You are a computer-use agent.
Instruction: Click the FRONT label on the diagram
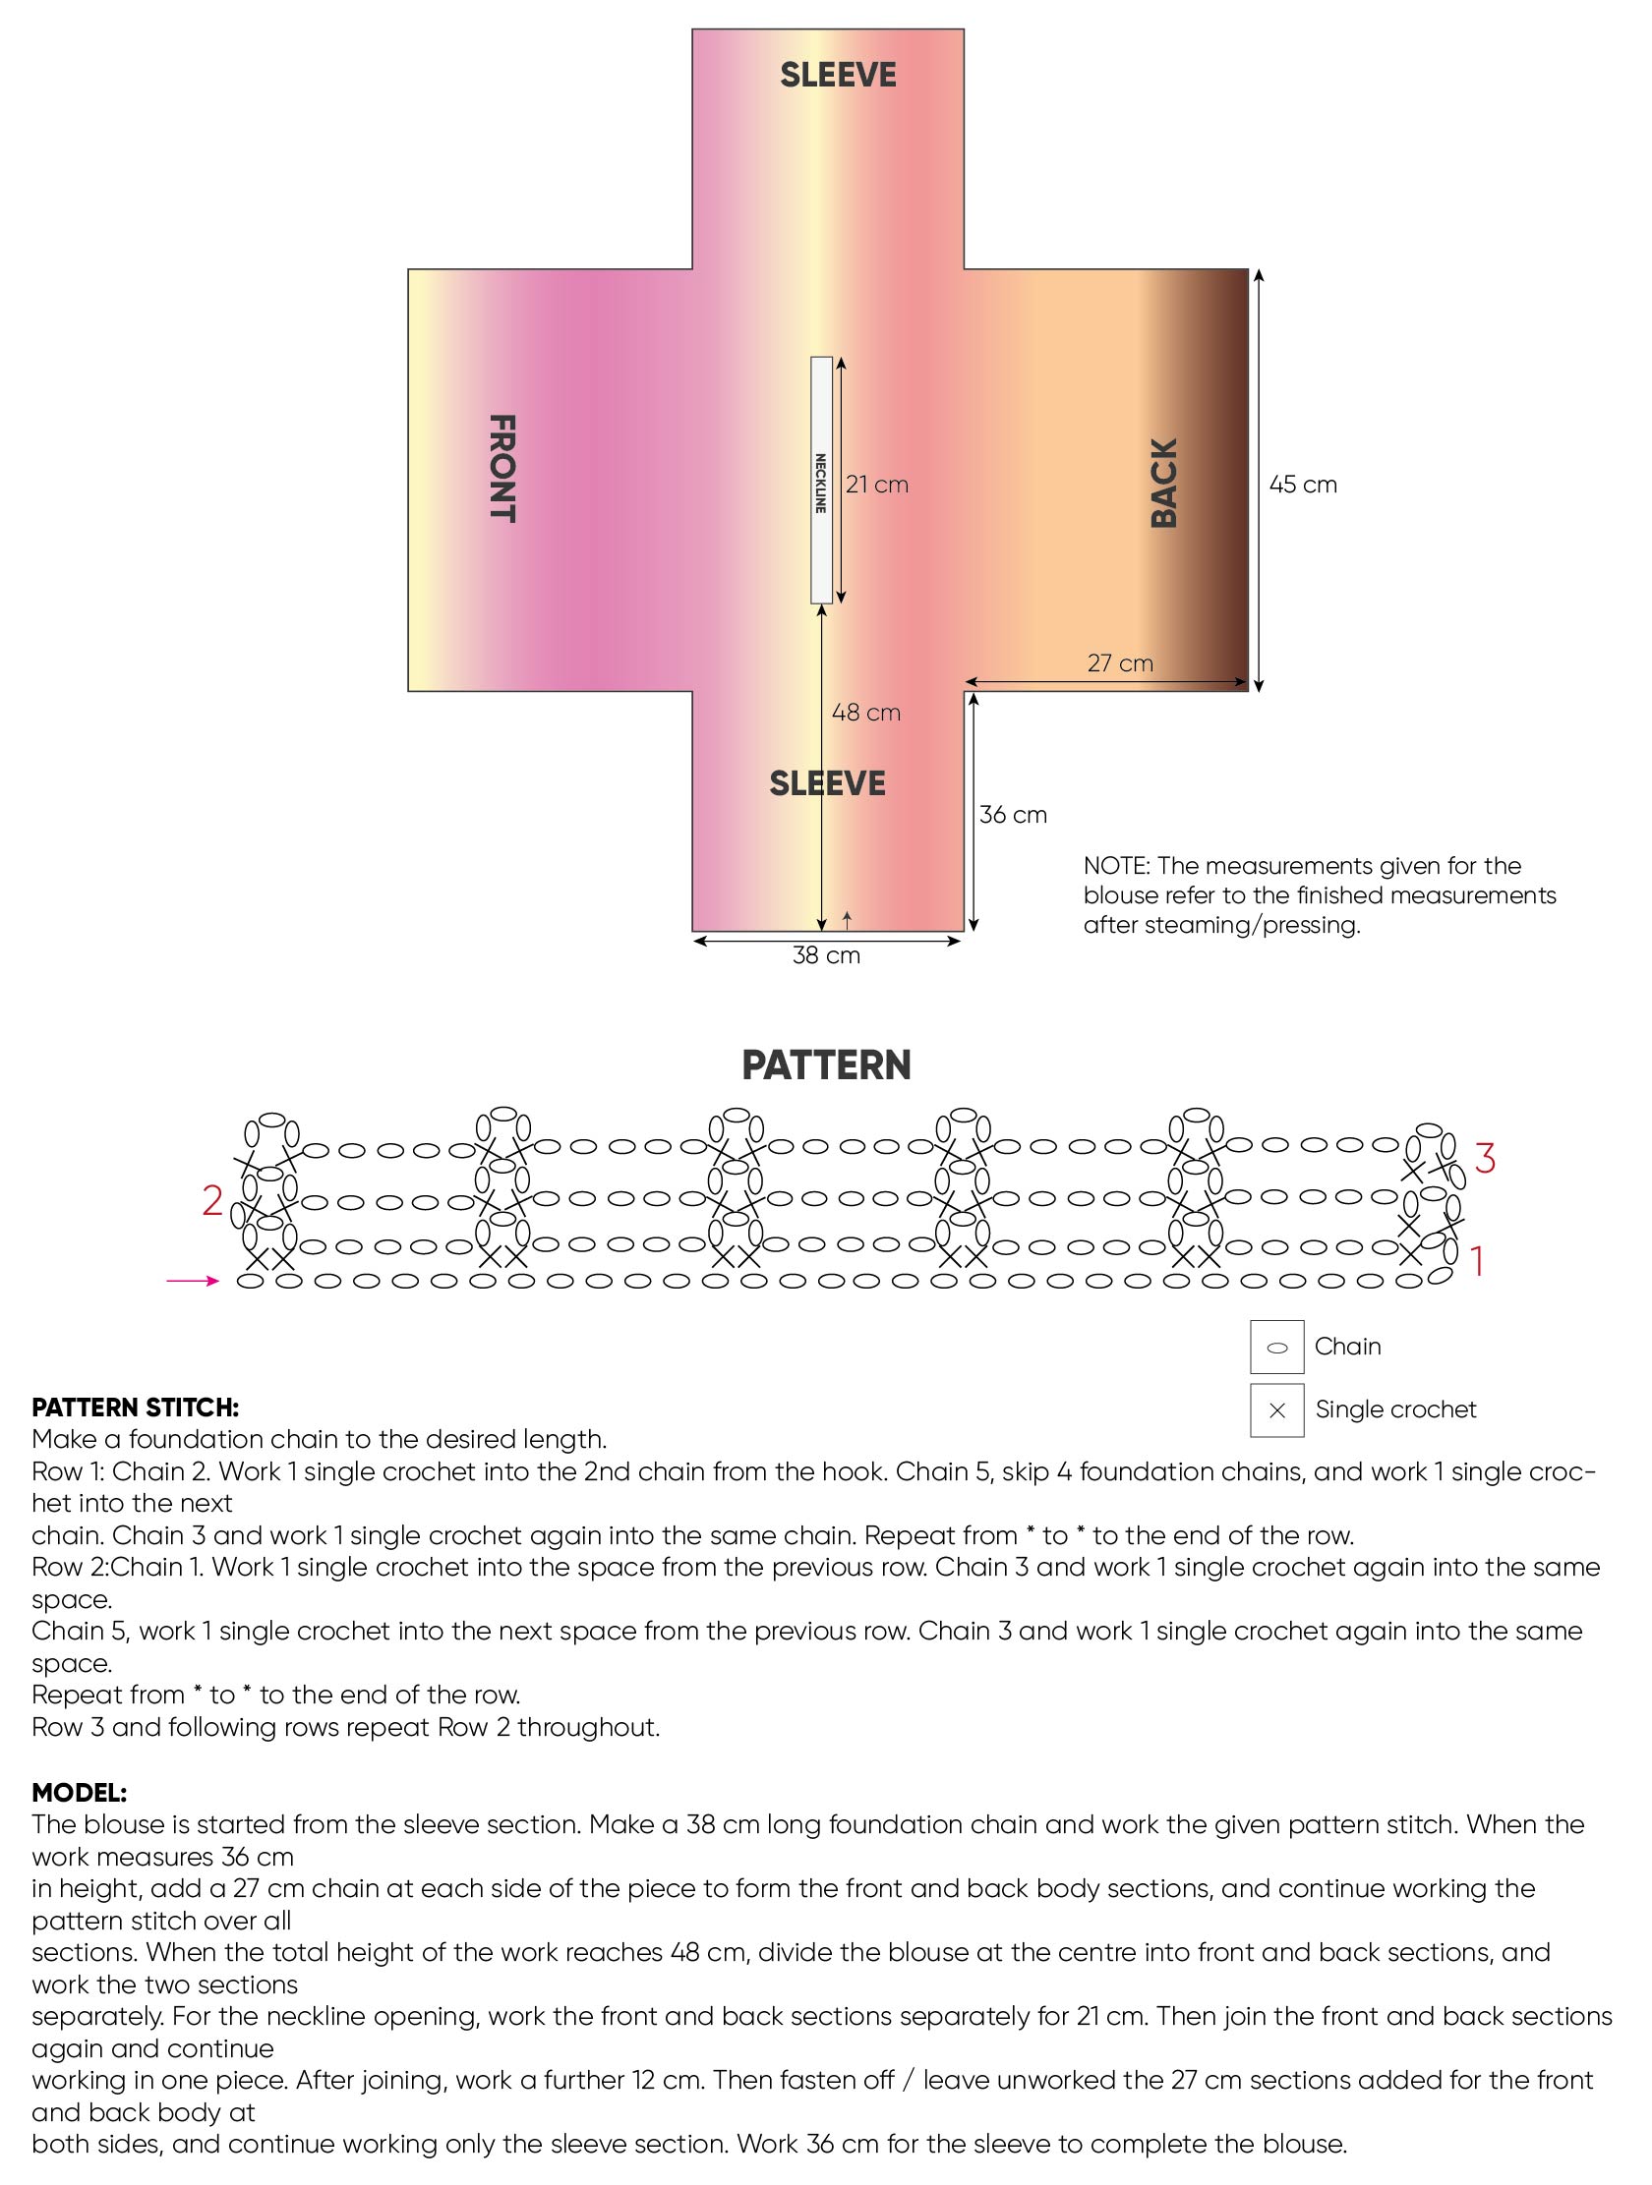pos(502,468)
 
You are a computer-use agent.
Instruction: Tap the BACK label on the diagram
pos(1164,483)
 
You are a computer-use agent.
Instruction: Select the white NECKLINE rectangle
pos(821,480)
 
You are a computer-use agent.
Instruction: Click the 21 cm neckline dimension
pos(877,484)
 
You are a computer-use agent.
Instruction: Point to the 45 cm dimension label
pos(1303,484)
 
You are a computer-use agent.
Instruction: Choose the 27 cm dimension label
pos(1120,662)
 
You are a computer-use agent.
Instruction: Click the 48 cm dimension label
pos(866,713)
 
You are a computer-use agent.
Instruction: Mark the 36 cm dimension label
pos(1014,814)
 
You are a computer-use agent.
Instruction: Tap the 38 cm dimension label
pos(827,955)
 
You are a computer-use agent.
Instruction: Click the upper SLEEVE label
pos(838,75)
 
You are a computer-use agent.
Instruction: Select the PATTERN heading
pos(826,1064)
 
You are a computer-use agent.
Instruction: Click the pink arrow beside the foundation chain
pos(193,1281)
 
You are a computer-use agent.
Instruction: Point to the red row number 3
pos(1485,1158)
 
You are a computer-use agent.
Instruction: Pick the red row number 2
pos(212,1200)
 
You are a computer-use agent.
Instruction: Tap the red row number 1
pos(1478,1261)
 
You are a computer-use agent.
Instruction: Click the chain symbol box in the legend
pos(1276,1348)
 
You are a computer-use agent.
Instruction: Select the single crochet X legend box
pos(1276,1410)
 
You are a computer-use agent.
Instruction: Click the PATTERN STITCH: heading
pos(136,1408)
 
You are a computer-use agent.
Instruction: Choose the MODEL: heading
pos(79,1793)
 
